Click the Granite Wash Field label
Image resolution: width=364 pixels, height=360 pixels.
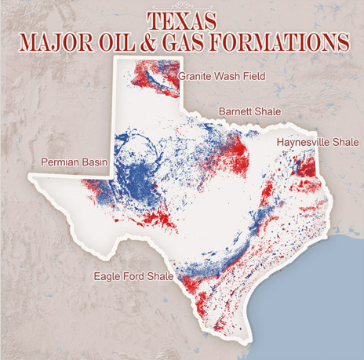click(x=221, y=77)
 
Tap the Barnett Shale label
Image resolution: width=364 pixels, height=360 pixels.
click(x=250, y=111)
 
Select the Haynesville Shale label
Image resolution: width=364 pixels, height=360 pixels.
click(x=317, y=142)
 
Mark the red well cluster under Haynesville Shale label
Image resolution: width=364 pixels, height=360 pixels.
click(x=308, y=166)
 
